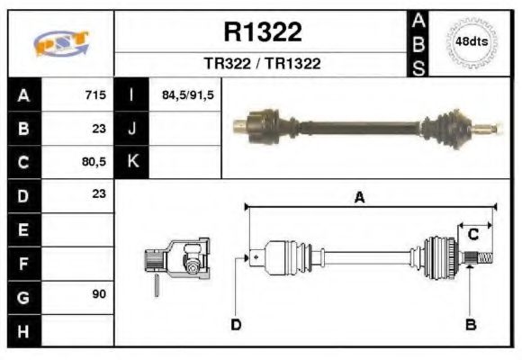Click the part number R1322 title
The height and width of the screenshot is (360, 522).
(262, 33)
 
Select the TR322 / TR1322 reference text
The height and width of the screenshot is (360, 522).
(262, 64)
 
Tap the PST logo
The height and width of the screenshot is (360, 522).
(60, 43)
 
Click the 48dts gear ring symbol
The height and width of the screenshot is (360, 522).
(472, 42)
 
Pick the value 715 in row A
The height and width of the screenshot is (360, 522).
(95, 94)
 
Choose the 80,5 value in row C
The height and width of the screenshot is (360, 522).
(94, 163)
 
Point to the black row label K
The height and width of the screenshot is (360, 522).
(132, 162)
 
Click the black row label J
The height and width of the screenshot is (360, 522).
(132, 129)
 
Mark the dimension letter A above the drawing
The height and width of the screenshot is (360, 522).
(359, 198)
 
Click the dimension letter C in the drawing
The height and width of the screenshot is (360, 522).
(472, 234)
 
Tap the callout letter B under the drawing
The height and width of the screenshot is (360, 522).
(469, 324)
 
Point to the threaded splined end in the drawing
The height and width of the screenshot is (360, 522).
(482, 260)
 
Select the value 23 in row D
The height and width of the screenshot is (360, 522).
(99, 193)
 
